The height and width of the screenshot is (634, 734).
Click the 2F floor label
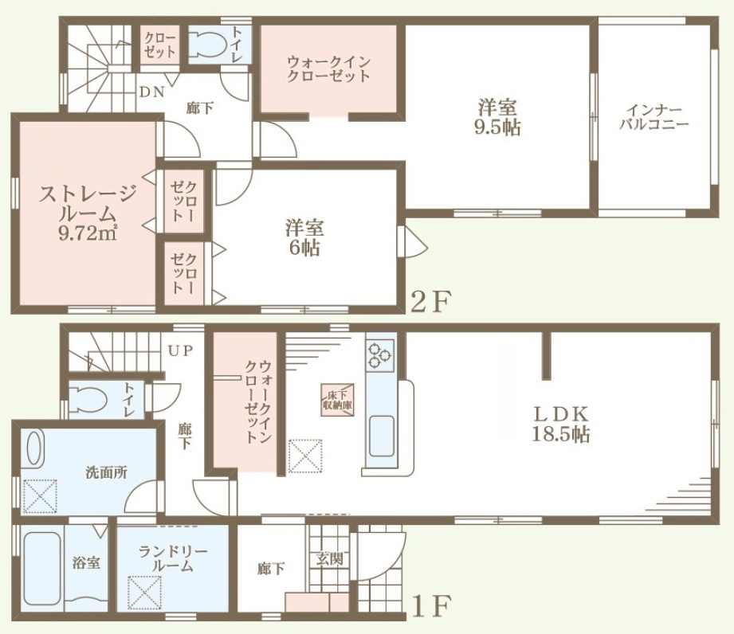point(430,302)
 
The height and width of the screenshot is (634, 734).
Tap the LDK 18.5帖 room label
point(561,425)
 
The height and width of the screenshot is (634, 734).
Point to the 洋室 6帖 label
point(304,238)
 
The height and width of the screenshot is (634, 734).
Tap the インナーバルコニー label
point(654,117)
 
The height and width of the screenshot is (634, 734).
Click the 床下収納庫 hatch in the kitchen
point(337,399)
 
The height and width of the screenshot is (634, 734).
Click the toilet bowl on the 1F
point(89,399)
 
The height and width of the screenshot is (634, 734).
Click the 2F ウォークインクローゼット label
point(328,68)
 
